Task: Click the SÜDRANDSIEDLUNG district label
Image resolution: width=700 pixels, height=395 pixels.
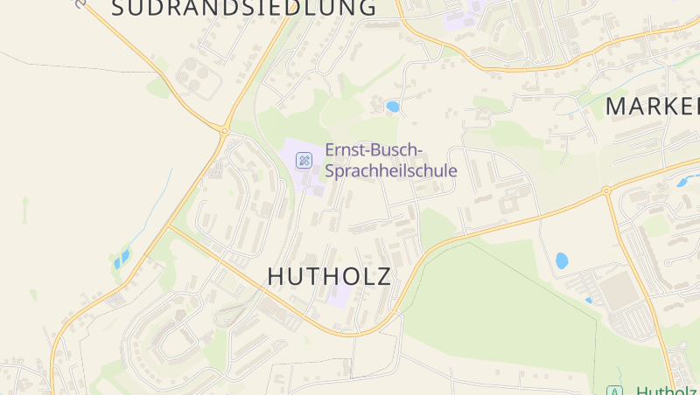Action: tap(245, 9)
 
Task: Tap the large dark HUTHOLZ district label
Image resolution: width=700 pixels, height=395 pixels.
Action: tap(329, 276)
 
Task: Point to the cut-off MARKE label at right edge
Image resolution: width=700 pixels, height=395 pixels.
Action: tap(653, 107)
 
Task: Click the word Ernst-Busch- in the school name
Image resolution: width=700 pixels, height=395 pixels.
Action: tap(374, 149)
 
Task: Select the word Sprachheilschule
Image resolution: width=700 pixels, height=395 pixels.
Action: tap(391, 170)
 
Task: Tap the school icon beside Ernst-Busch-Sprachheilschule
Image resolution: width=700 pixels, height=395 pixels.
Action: tap(304, 160)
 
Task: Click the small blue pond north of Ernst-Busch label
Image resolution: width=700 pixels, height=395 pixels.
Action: tap(393, 107)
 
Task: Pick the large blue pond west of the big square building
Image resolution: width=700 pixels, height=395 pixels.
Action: tap(562, 260)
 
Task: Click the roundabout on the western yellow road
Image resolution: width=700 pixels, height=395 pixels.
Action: tap(224, 131)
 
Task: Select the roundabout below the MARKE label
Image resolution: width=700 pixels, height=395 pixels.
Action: tap(605, 190)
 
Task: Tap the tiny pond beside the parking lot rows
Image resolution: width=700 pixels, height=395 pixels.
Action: tap(588, 301)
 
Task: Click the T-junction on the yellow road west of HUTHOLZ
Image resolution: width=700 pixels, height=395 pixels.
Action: tap(170, 226)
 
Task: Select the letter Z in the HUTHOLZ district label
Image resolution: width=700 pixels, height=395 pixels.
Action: tap(381, 276)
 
